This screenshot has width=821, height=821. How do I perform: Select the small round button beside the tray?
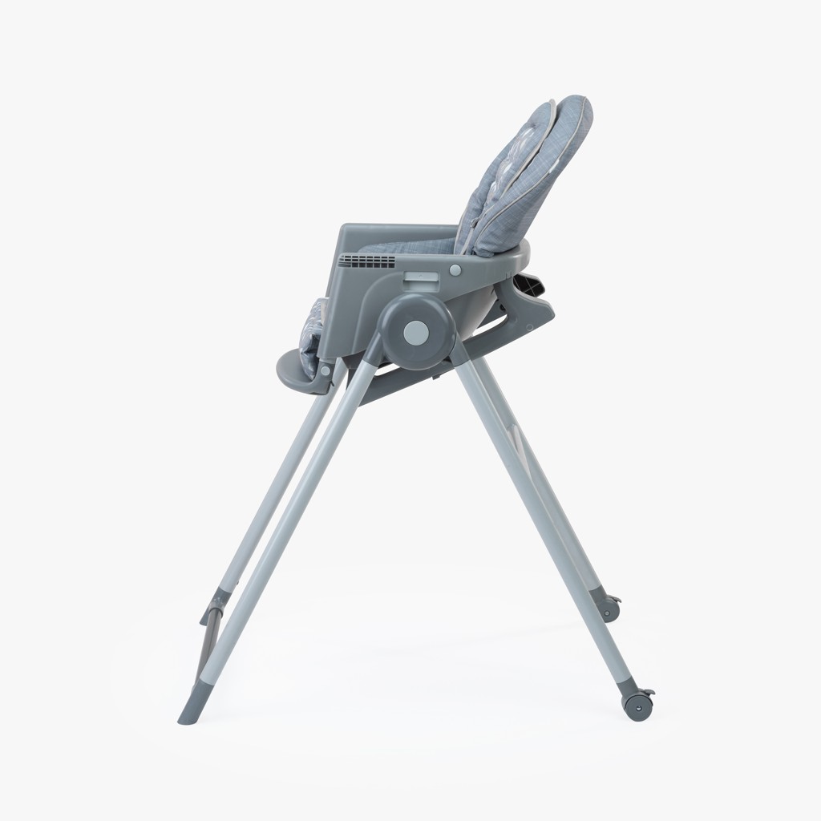[455, 269]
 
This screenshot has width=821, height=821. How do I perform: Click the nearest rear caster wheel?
[638, 703]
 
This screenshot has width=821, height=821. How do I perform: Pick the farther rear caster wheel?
[610, 607]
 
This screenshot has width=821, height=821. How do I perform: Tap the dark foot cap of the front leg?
[192, 706]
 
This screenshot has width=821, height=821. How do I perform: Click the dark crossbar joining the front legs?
[210, 625]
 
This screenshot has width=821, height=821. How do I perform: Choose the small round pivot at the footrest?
[326, 370]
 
